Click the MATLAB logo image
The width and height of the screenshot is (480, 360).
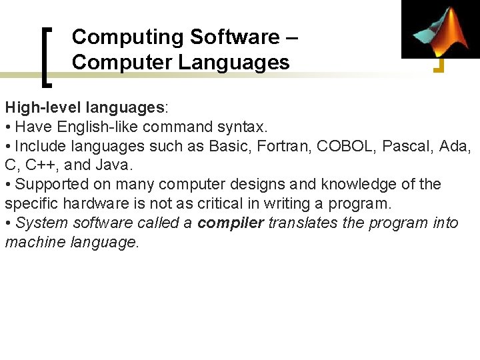(440, 29)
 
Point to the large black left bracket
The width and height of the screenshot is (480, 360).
(47, 57)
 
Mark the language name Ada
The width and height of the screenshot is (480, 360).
(457, 146)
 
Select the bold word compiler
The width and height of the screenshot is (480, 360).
(231, 223)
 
